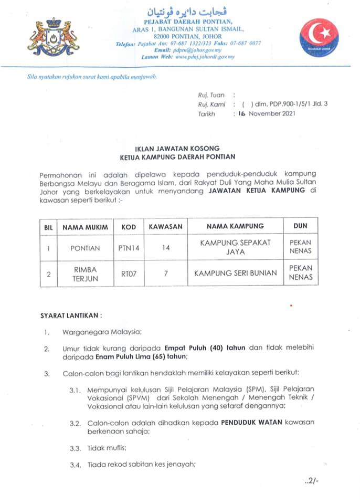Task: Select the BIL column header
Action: tap(48, 227)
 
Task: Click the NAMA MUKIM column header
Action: tap(85, 227)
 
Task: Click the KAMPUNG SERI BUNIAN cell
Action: tap(228, 274)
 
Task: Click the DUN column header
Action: tap(300, 226)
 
